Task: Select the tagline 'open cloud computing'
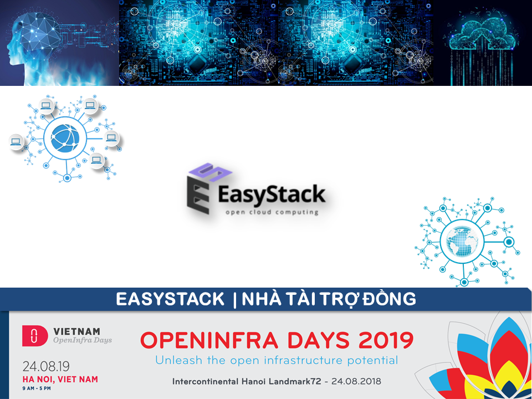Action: click(x=272, y=212)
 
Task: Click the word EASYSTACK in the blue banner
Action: click(x=170, y=299)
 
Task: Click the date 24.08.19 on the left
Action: click(x=46, y=367)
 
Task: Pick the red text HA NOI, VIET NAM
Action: click(x=60, y=379)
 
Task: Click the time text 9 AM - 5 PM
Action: click(x=37, y=388)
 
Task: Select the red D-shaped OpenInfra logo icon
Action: click(x=34, y=336)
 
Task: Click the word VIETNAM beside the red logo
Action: click(x=76, y=331)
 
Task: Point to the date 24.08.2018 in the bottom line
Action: click(x=356, y=381)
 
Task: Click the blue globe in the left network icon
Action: click(x=65, y=138)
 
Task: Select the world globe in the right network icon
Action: click(x=462, y=241)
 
